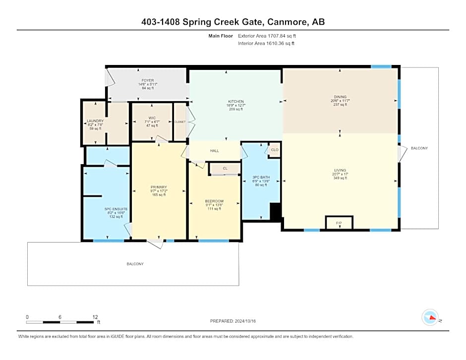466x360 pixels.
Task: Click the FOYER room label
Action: pyautogui.click(x=148, y=80)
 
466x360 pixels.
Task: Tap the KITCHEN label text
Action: pyautogui.click(x=235, y=101)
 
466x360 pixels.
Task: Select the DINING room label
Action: pyautogui.click(x=340, y=97)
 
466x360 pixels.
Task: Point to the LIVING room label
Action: pyautogui.click(x=340, y=170)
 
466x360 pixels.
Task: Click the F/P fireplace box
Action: pyautogui.click(x=339, y=223)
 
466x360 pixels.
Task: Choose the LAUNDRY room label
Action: pyautogui.click(x=95, y=120)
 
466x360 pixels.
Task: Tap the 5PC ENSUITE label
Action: pyautogui.click(x=116, y=209)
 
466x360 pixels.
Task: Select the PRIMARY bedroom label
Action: pyautogui.click(x=159, y=187)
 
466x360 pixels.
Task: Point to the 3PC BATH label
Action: pyautogui.click(x=261, y=177)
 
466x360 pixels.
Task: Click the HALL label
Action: pyautogui.click(x=214, y=151)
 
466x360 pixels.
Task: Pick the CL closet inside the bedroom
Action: pyautogui.click(x=225, y=169)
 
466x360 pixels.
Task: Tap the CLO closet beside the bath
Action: pyautogui.click(x=275, y=150)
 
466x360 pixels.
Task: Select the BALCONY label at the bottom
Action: pyautogui.click(x=135, y=264)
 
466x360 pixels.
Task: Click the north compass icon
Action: pyautogui.click(x=430, y=317)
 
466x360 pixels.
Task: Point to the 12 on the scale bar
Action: pyautogui.click(x=95, y=317)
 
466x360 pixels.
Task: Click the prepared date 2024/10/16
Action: pyautogui.click(x=246, y=321)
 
